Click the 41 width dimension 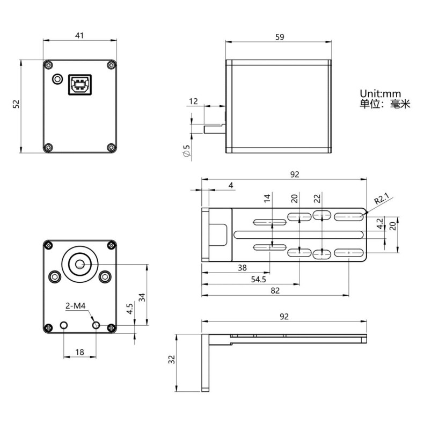(79, 35)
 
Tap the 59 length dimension (279, 37)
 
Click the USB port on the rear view (79, 84)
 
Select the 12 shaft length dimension (193, 101)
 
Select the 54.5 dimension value (258, 280)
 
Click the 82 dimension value (275, 290)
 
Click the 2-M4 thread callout (76, 306)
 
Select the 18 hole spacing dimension (79, 352)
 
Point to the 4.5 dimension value (129, 310)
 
